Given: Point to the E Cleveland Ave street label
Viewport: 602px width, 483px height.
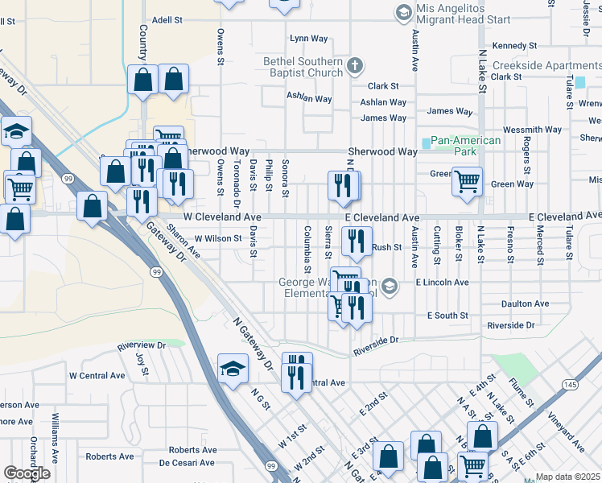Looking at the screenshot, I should (x=382, y=218).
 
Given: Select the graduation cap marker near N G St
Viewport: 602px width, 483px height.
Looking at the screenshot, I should (x=233, y=369).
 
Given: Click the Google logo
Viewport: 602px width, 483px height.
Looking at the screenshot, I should (x=27, y=473).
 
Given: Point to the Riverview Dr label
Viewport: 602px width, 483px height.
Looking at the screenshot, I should (x=141, y=345).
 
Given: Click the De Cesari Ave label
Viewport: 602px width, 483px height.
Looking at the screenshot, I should (x=187, y=463).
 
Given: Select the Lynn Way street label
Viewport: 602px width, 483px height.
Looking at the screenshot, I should (x=310, y=38).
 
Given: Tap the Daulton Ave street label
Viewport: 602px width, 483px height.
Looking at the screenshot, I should (x=524, y=303).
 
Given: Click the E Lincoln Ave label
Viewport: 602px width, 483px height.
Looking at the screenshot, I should (x=442, y=283).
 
